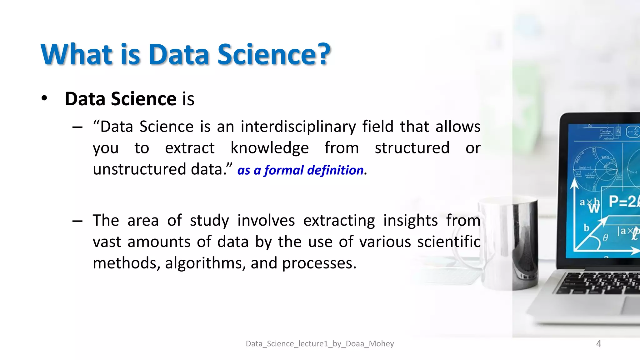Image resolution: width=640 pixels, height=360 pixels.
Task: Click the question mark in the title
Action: tap(321, 54)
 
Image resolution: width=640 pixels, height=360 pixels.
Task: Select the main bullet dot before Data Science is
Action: tap(44, 98)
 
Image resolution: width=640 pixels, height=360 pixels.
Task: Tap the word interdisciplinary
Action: tap(298, 127)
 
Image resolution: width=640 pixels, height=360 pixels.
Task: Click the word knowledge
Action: tap(269, 148)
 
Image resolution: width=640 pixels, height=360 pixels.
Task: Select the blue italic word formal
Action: tap(284, 171)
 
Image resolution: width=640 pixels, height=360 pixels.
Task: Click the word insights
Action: tap(410, 221)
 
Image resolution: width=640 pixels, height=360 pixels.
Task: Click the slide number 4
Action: tap(598, 344)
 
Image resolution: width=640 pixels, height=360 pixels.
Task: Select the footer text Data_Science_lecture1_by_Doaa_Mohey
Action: tap(320, 344)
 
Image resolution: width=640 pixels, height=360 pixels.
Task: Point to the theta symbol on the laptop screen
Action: tap(605, 238)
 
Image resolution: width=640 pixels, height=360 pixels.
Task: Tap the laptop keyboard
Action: tap(600, 283)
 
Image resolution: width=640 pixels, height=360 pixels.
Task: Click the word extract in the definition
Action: tap(190, 148)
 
